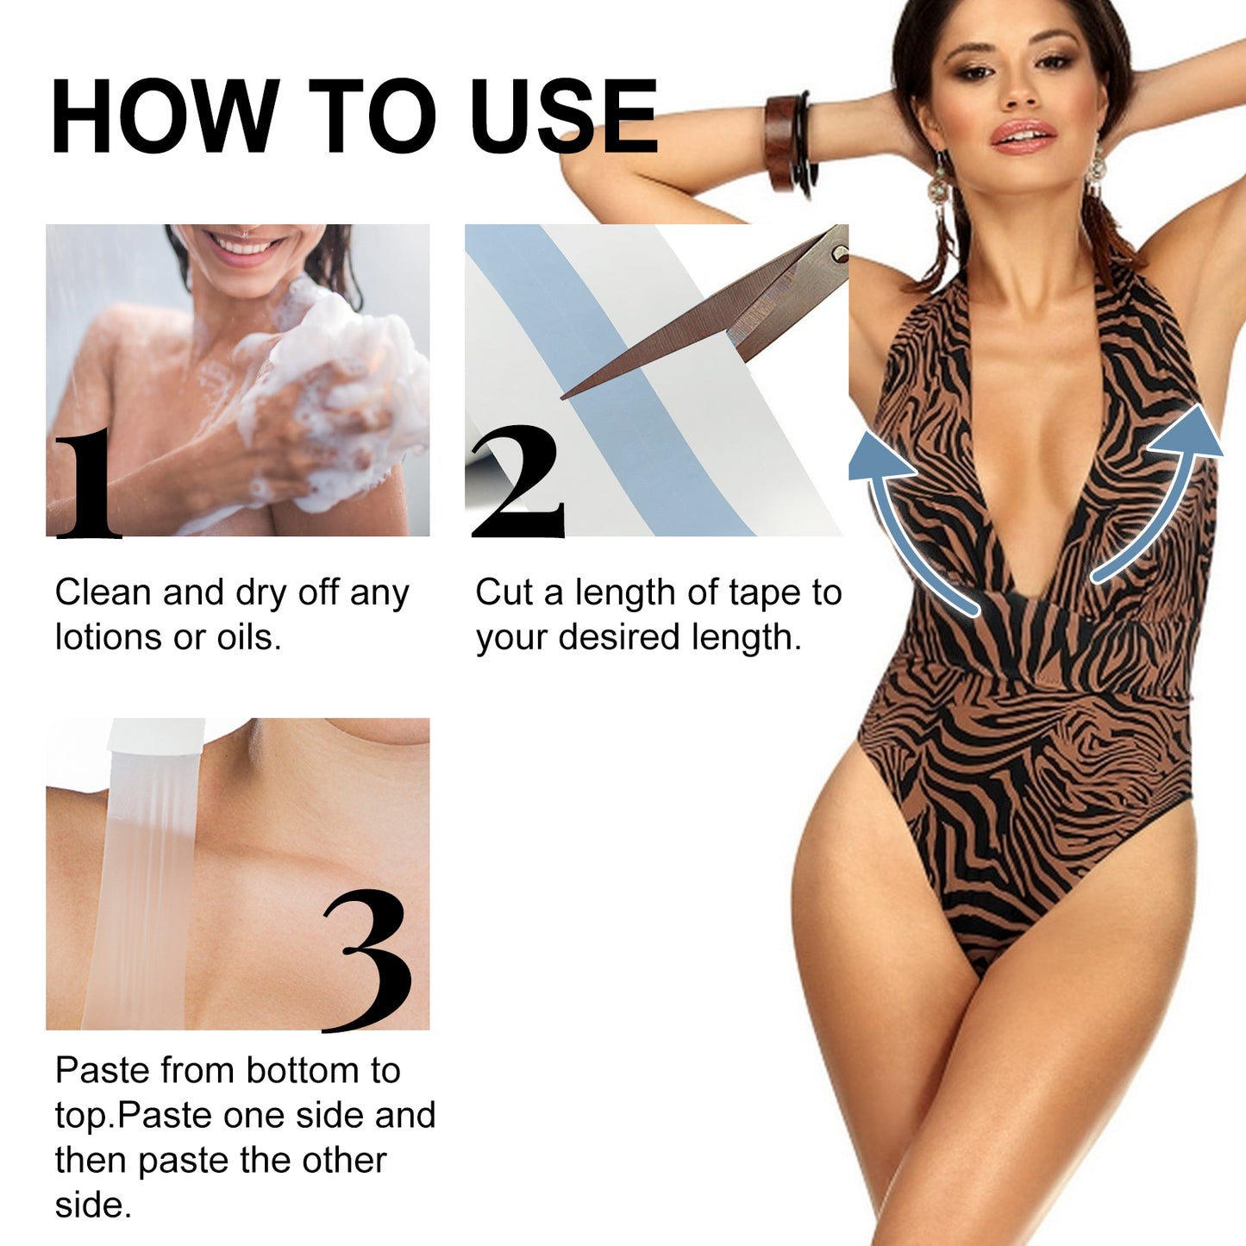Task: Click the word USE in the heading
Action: click(x=565, y=117)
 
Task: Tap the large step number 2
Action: click(x=517, y=483)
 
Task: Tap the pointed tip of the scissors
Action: click(x=565, y=397)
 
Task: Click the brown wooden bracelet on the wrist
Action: click(x=783, y=142)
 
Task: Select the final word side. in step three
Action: click(x=92, y=1205)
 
